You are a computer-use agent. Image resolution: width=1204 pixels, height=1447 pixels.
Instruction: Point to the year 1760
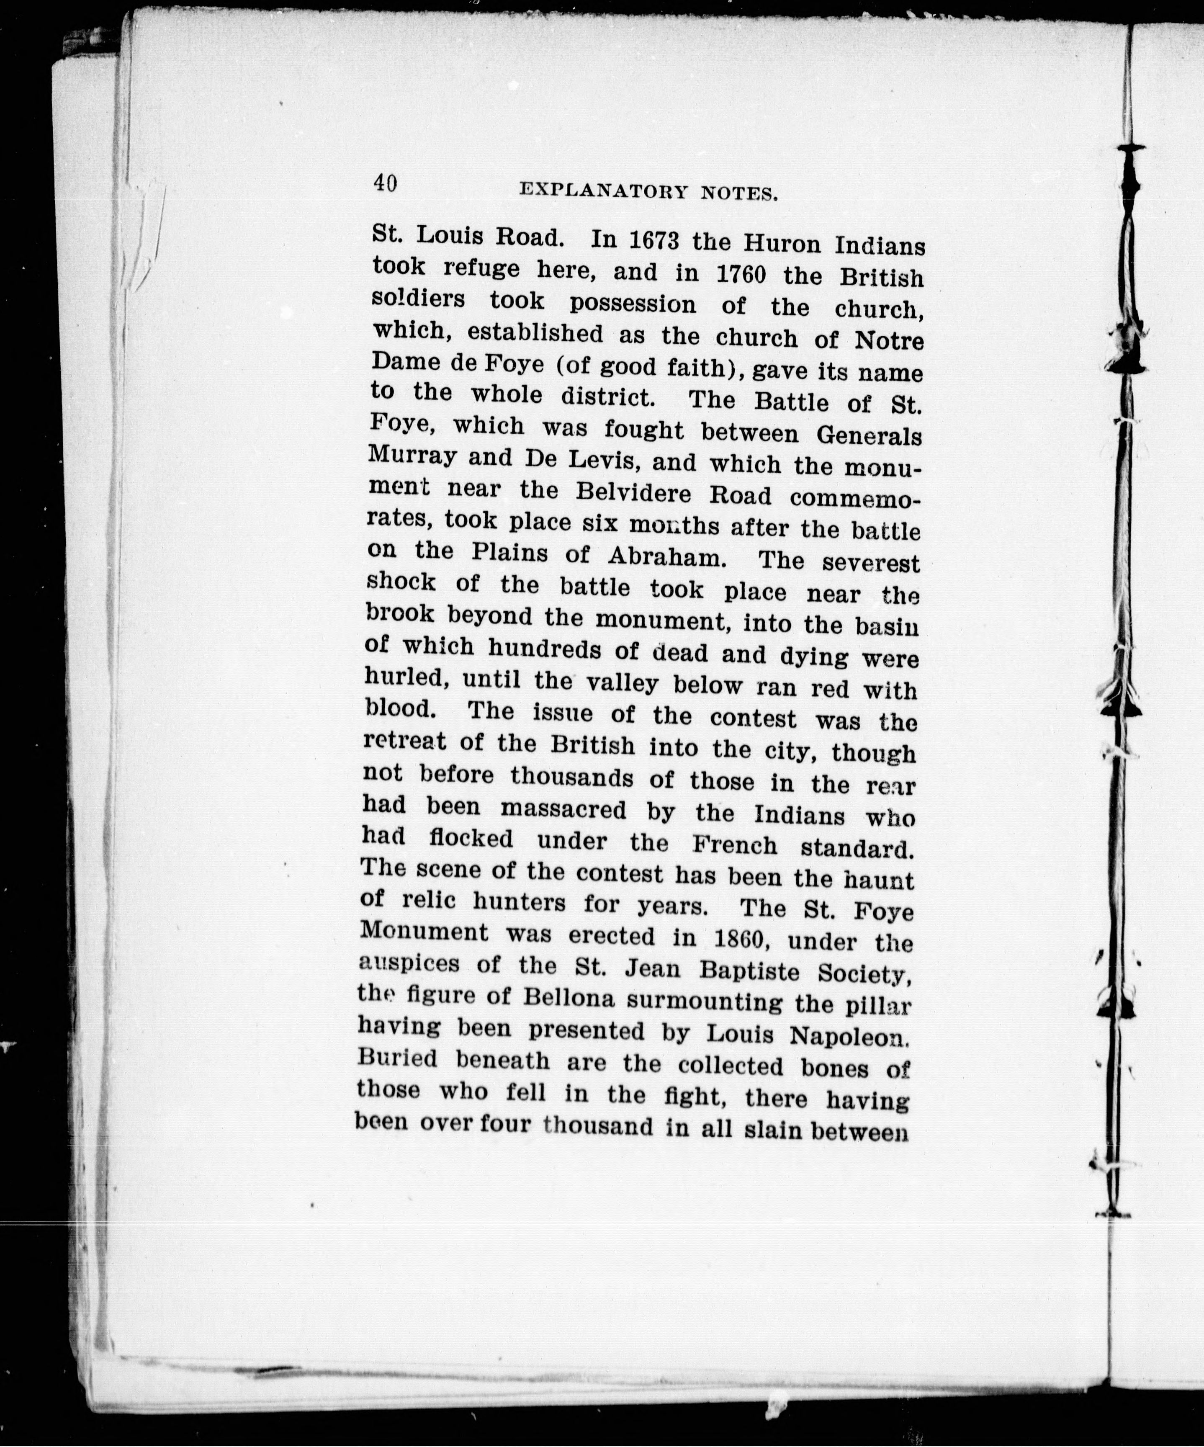coord(741,274)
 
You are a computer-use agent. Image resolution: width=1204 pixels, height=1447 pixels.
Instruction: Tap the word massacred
coord(563,809)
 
